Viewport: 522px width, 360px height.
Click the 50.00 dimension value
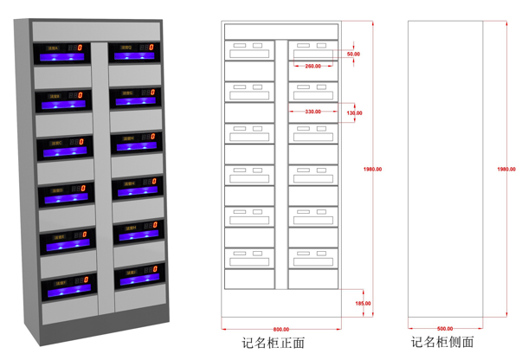point(353,54)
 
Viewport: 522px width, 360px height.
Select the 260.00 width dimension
point(313,67)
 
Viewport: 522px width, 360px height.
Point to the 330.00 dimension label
point(313,112)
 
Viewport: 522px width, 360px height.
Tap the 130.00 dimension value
point(354,113)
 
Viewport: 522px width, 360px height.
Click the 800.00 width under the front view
point(280,330)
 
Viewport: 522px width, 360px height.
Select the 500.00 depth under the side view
point(445,330)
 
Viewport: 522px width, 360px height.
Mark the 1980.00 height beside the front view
point(373,170)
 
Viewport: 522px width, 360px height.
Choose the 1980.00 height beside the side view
point(501,170)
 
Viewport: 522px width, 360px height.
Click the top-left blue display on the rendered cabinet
point(61,57)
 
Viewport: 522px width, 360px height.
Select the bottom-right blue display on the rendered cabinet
point(137,279)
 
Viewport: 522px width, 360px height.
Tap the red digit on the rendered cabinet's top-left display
point(81,48)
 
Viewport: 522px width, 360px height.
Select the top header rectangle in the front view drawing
point(281,31)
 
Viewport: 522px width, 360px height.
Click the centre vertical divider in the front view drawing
point(281,164)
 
